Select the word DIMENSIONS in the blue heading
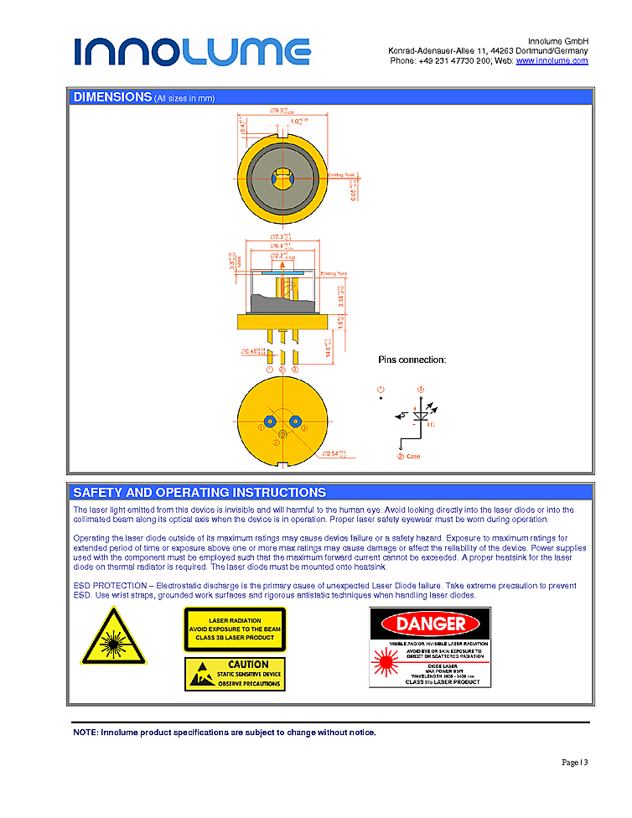click(112, 97)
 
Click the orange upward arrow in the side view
click(282, 289)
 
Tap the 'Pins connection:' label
click(412, 360)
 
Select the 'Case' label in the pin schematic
click(413, 457)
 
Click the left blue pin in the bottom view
click(270, 421)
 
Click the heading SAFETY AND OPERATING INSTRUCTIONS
click(199, 493)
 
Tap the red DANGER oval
click(431, 624)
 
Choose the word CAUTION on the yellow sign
click(248, 665)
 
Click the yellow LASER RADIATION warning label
click(235, 629)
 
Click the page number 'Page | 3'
click(574, 763)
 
